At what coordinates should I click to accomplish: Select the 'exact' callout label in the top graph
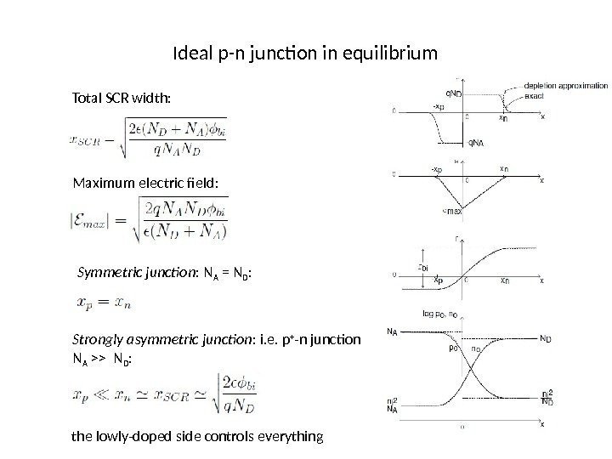[x=535, y=96]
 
